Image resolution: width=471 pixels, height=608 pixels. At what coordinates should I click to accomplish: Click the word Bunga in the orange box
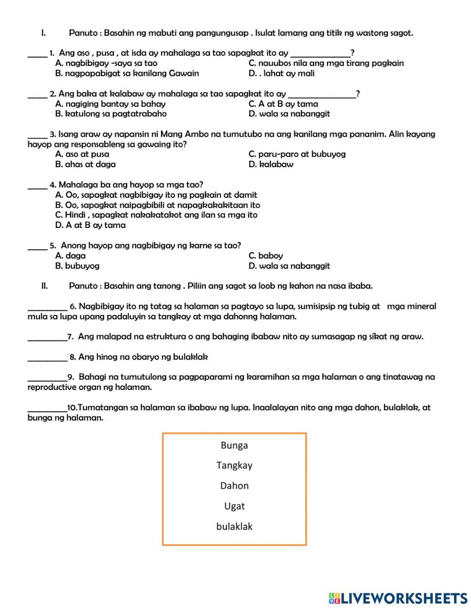pyautogui.click(x=234, y=445)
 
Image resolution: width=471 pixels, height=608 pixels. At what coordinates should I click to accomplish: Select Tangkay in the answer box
pyautogui.click(x=234, y=465)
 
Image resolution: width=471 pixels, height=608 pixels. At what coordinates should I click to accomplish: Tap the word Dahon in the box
pyautogui.click(x=234, y=486)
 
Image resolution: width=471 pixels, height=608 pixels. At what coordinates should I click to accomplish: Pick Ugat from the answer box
pyautogui.click(x=234, y=506)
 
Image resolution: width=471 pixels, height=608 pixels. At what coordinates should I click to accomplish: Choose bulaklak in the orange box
pyautogui.click(x=234, y=527)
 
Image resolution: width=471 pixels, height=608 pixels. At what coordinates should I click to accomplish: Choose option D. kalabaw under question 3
pyautogui.click(x=271, y=164)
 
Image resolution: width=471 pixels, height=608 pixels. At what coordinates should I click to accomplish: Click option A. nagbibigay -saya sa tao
pyautogui.click(x=106, y=63)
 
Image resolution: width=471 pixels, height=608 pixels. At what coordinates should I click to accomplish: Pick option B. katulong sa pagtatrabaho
pyautogui.click(x=111, y=114)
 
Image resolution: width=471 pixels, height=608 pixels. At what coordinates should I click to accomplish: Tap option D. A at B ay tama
pyautogui.click(x=90, y=225)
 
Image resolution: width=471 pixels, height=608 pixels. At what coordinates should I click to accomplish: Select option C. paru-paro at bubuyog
pyautogui.click(x=297, y=154)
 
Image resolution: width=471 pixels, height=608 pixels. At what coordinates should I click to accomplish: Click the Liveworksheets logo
pyautogui.click(x=398, y=598)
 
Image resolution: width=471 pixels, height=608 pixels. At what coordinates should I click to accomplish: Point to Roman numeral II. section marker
pyautogui.click(x=45, y=286)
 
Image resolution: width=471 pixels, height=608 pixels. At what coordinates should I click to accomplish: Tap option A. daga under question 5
pyautogui.click(x=70, y=256)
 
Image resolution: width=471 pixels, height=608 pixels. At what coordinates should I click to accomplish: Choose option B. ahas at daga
pyautogui.click(x=85, y=164)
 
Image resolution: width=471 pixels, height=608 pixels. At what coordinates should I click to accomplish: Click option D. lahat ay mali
pyautogui.click(x=281, y=73)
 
